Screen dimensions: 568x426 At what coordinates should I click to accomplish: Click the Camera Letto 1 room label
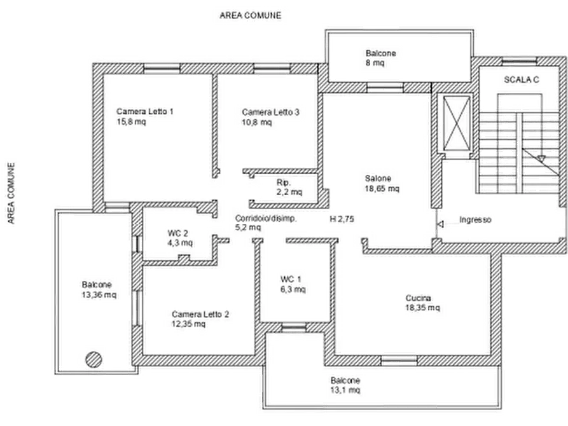click(145, 111)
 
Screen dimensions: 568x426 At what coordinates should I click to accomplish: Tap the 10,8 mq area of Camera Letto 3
click(256, 122)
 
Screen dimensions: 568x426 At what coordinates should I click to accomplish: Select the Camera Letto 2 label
click(200, 314)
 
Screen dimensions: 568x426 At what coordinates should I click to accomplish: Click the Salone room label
click(378, 178)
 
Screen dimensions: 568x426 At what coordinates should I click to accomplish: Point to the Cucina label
click(418, 298)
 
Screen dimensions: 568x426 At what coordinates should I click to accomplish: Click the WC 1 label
click(291, 279)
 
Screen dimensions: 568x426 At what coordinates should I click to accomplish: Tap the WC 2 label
click(177, 233)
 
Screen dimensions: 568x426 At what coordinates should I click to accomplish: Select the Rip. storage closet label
click(284, 182)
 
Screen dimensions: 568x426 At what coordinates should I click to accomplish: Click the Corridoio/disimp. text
click(266, 219)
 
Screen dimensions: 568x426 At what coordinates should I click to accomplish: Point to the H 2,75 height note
click(342, 219)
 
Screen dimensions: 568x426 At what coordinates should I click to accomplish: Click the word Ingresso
click(475, 219)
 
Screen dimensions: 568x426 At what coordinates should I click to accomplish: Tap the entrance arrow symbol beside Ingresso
click(440, 224)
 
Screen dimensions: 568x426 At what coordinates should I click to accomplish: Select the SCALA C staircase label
click(522, 79)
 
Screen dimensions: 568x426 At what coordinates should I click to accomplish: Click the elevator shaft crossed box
click(457, 123)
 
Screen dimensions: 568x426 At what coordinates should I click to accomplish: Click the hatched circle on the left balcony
click(94, 360)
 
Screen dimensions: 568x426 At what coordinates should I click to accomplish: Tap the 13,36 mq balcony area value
click(99, 295)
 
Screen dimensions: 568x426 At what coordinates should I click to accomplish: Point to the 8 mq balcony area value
click(375, 63)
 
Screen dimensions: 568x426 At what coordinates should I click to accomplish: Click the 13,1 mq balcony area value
click(345, 390)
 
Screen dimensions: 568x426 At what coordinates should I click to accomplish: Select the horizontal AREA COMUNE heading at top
click(251, 15)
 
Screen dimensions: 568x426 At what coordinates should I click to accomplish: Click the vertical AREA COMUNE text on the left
click(11, 193)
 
